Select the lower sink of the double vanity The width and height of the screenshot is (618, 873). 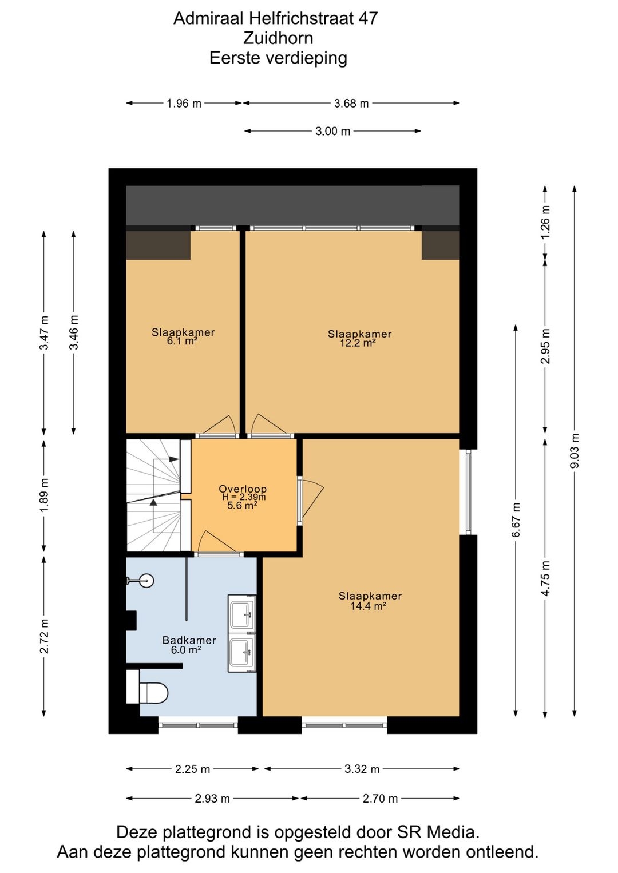(242, 652)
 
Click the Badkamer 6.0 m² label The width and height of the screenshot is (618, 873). (189, 645)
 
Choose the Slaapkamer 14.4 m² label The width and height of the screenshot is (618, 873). (370, 601)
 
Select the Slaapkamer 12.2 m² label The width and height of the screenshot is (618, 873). (359, 338)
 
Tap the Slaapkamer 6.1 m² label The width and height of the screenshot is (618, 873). (183, 336)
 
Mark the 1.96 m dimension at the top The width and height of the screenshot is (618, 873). (184, 104)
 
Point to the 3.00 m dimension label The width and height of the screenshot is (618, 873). (332, 131)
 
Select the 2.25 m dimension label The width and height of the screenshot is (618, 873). (192, 769)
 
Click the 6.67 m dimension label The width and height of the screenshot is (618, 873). (516, 520)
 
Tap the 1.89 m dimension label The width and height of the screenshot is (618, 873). (44, 495)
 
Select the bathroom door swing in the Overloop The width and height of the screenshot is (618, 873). (215, 542)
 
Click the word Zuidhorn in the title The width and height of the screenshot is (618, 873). (278, 38)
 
